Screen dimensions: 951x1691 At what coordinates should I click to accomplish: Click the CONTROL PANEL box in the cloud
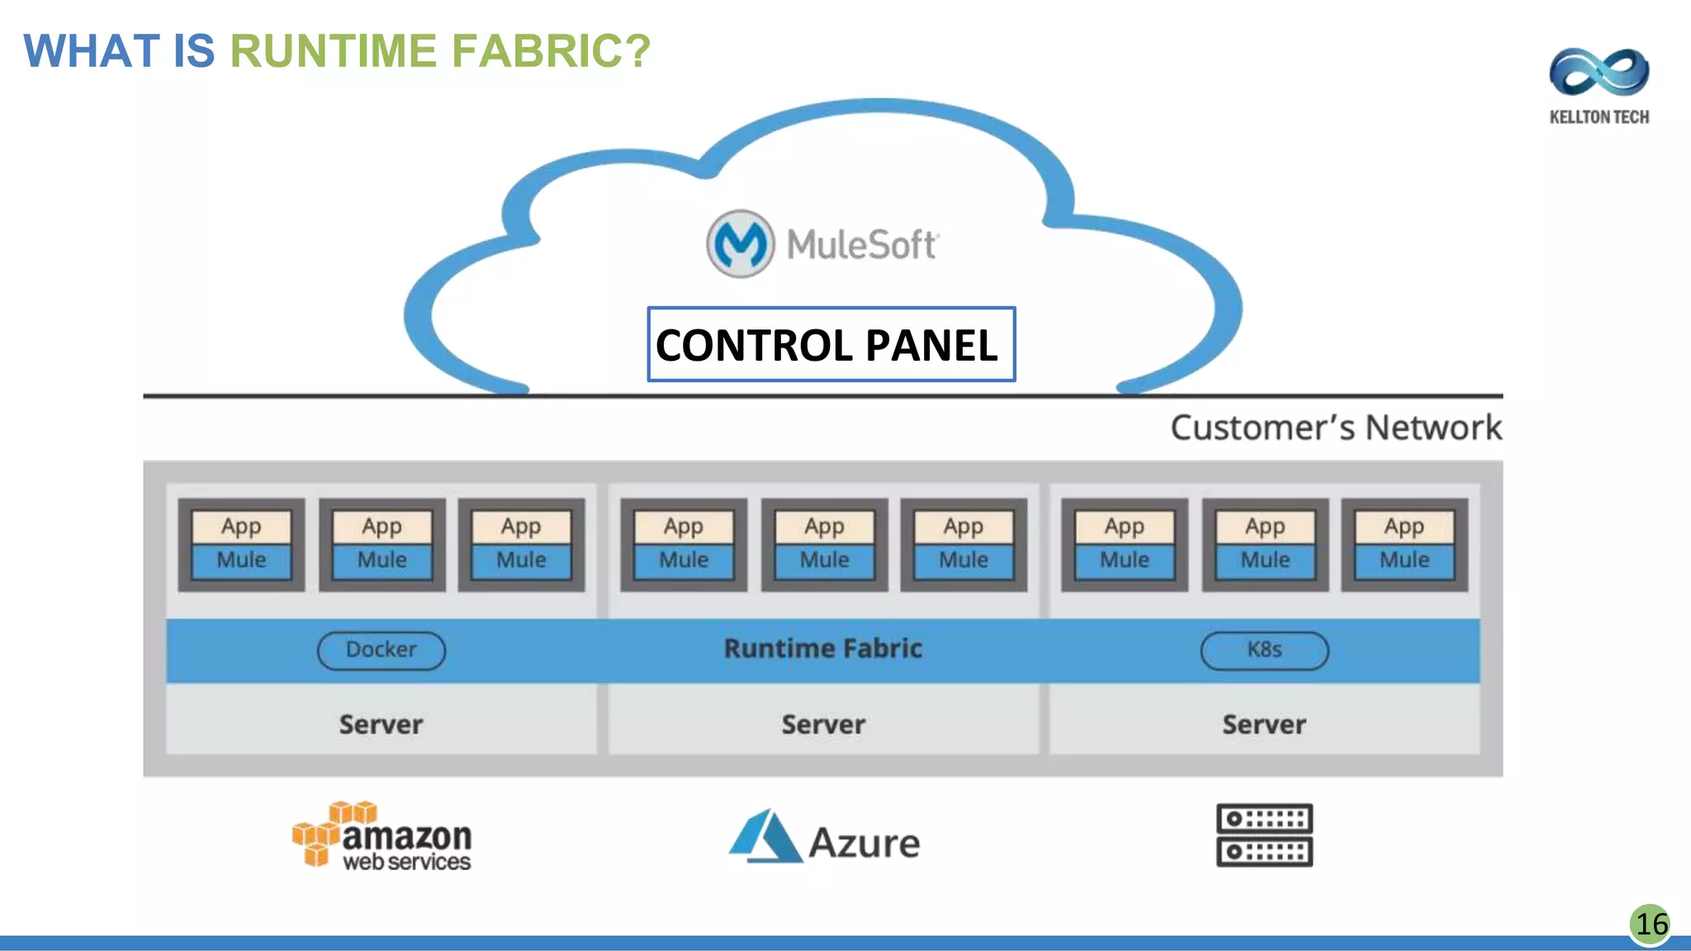(x=831, y=344)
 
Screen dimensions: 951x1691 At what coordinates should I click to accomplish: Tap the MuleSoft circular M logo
(x=740, y=244)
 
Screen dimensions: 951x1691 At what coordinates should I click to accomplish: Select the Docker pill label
(x=381, y=650)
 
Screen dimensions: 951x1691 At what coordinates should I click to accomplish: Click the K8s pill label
(x=1264, y=650)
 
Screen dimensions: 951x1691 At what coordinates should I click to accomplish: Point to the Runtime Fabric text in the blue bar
(x=822, y=649)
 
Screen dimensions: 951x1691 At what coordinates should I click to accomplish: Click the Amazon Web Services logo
(x=382, y=836)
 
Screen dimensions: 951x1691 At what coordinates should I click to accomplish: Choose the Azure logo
(x=824, y=838)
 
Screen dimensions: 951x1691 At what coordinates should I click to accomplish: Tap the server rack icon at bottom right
(x=1264, y=835)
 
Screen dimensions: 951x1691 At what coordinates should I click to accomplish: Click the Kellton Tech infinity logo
(x=1599, y=73)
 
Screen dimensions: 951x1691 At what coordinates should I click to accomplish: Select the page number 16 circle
(x=1651, y=924)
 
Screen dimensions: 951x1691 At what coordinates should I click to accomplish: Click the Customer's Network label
(x=1335, y=428)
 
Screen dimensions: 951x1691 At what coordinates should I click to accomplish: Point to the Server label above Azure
(x=823, y=725)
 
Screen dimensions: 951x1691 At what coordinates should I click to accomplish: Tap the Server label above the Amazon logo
(x=381, y=725)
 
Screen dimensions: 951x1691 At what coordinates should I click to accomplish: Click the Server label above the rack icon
(x=1264, y=725)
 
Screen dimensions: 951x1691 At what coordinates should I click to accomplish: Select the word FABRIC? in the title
(x=551, y=51)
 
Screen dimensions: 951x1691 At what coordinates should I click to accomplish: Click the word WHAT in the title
(x=91, y=51)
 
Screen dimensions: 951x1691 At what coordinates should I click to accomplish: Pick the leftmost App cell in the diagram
(x=241, y=527)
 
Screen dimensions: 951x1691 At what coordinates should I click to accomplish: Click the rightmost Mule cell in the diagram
(x=1404, y=561)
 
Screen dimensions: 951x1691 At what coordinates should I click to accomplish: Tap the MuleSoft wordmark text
(x=861, y=245)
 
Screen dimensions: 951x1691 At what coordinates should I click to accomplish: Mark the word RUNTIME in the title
(x=333, y=51)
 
